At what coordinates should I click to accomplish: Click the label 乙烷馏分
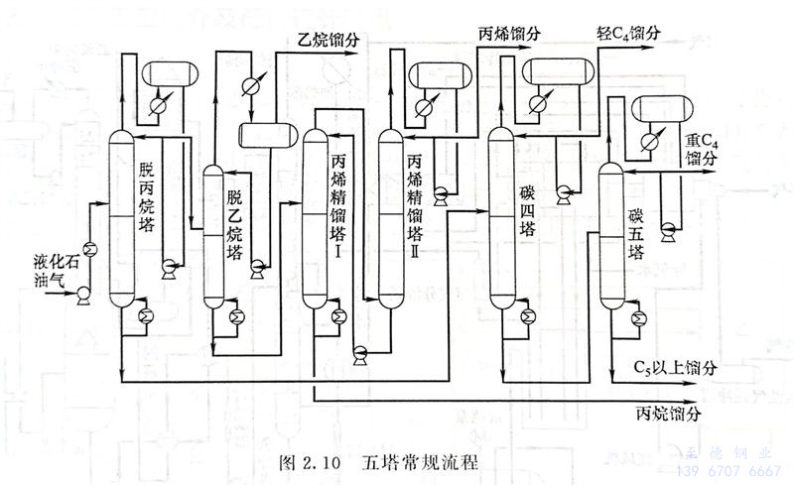[x=328, y=42]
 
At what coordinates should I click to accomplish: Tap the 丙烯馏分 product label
[x=510, y=33]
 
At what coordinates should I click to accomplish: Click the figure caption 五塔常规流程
[x=420, y=462]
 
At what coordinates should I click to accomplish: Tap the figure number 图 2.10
[x=311, y=462]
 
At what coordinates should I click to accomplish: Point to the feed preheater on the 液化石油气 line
[x=88, y=249]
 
